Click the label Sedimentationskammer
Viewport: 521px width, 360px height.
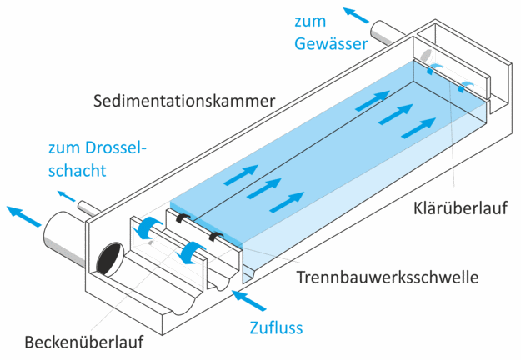point(184,101)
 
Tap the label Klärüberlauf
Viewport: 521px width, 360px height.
point(460,208)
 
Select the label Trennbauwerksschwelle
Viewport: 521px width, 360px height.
point(388,277)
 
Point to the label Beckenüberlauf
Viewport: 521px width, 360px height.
point(84,342)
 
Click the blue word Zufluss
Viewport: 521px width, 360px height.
point(276,327)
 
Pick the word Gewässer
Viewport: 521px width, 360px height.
point(331,44)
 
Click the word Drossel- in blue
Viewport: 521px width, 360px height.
point(116,147)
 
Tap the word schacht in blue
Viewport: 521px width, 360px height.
point(77,170)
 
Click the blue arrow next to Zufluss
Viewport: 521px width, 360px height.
point(249,300)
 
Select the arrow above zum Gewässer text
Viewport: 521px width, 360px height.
point(356,15)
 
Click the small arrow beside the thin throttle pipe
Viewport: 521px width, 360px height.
point(66,196)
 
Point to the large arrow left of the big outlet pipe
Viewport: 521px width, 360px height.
point(23,216)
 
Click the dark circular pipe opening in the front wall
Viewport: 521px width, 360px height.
point(109,258)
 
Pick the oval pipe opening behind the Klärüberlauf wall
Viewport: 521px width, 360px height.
point(426,55)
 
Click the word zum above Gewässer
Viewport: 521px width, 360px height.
point(310,22)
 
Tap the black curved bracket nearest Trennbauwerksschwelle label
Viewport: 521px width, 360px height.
point(216,236)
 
